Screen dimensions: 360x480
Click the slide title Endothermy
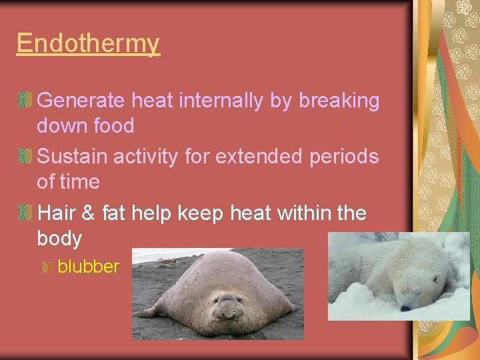click(x=88, y=43)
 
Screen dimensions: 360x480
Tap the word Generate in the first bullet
click(x=81, y=101)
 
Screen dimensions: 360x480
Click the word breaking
click(x=339, y=101)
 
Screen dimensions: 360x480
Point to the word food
click(x=114, y=125)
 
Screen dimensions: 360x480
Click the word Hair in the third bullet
click(x=55, y=213)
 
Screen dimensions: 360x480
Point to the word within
click(x=305, y=213)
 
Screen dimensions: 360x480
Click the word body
click(x=59, y=238)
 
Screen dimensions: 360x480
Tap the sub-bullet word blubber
click(x=88, y=267)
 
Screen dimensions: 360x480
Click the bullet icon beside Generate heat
click(x=25, y=101)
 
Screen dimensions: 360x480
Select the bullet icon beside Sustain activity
click(x=25, y=157)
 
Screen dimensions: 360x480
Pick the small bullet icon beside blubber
click(x=47, y=267)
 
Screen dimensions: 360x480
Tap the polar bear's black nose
click(x=405, y=308)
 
